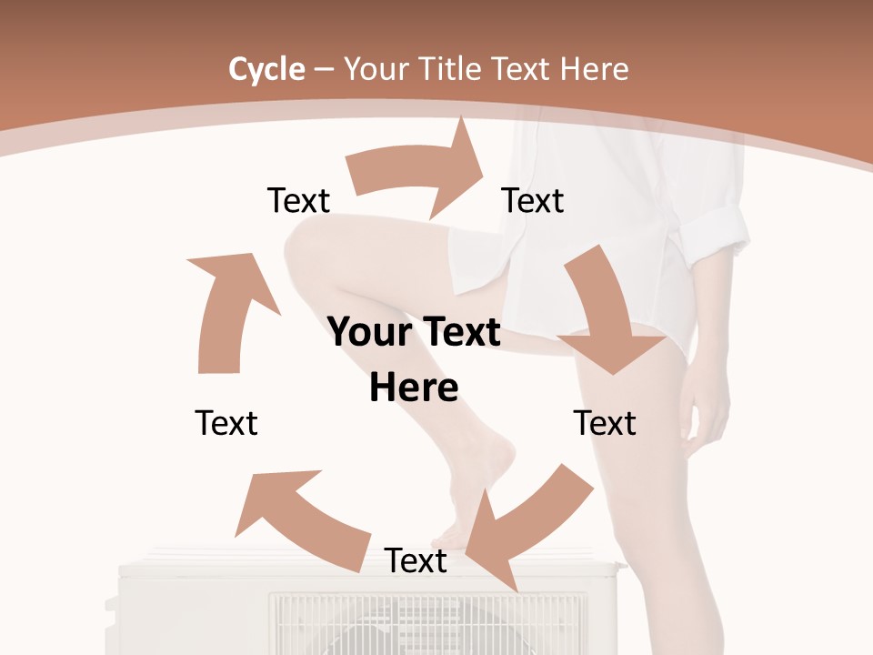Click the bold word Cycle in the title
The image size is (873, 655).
(266, 69)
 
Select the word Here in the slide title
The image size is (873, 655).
(594, 69)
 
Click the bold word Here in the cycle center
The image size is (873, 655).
(414, 388)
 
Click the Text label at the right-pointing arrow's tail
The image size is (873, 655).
(298, 200)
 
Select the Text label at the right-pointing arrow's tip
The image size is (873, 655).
(533, 200)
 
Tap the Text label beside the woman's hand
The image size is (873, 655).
(605, 423)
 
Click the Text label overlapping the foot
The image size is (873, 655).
(416, 560)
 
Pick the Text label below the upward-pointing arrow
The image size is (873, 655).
(226, 423)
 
